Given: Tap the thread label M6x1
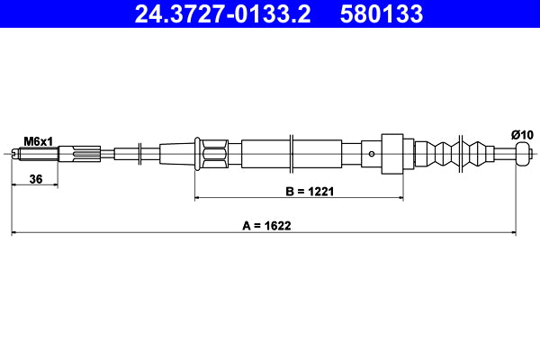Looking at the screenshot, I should coord(38,141).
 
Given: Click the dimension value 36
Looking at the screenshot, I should coord(36,179).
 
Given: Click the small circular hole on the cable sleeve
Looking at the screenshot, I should coord(372,153).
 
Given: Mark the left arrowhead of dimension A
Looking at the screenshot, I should coord(14,234).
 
